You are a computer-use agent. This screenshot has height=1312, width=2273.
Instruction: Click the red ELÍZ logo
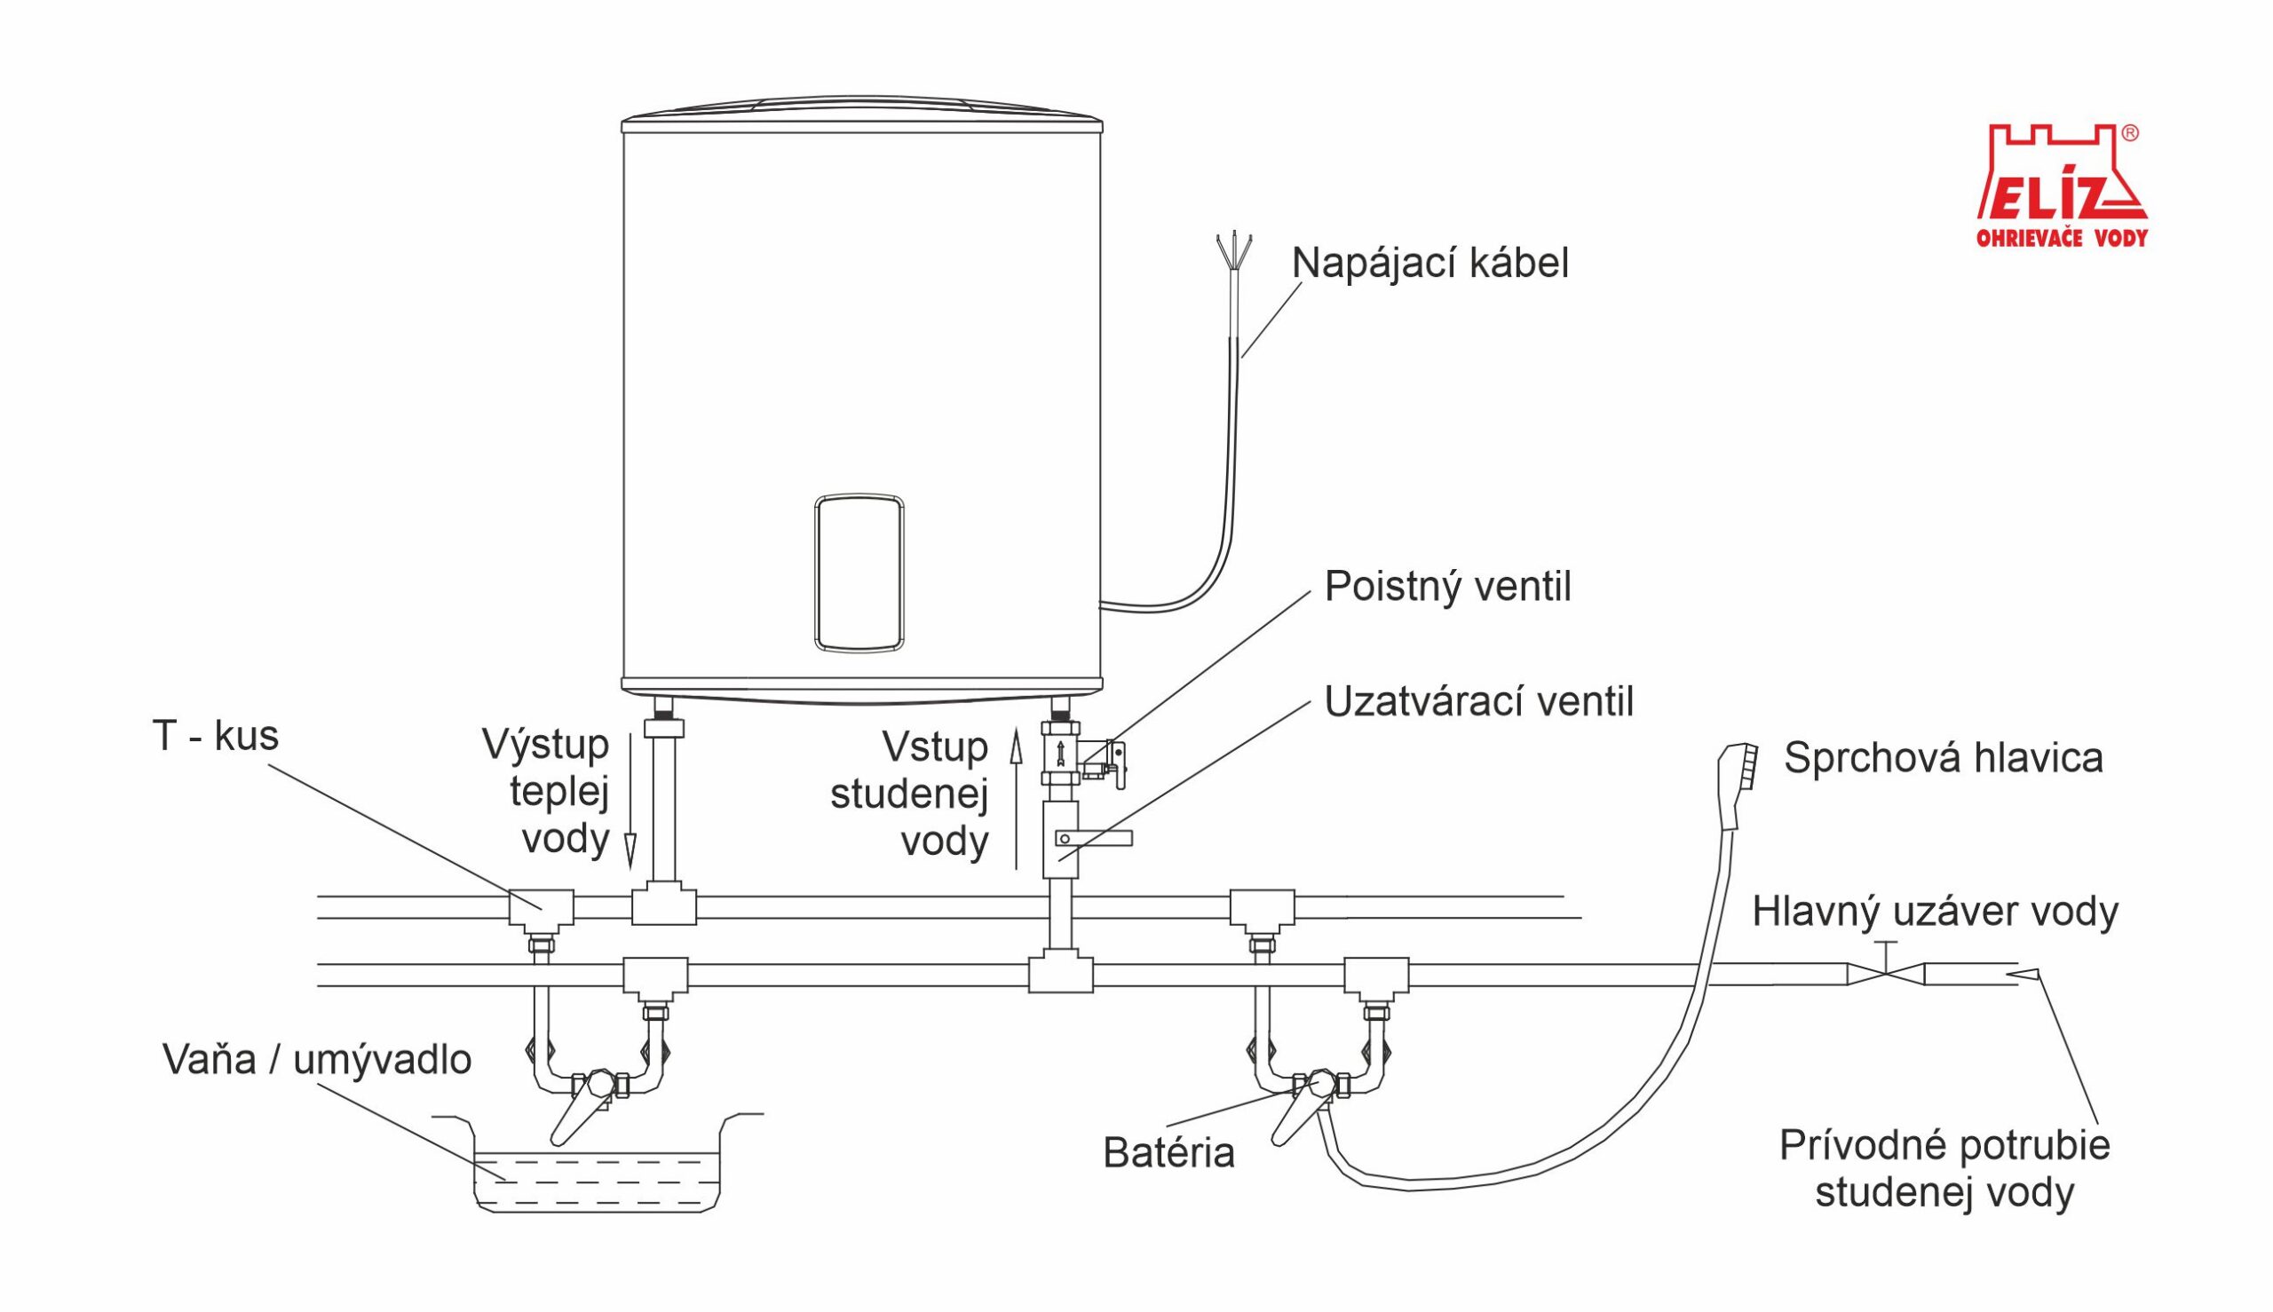tap(2061, 186)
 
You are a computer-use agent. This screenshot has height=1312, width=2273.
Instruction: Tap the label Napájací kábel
tap(1430, 264)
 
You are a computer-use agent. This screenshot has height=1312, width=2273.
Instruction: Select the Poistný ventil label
tap(1447, 588)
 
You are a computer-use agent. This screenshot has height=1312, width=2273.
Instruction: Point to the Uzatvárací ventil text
tap(1478, 702)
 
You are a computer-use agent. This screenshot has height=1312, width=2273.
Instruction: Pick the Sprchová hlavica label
tap(1943, 759)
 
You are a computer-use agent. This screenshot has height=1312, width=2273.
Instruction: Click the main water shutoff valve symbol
tap(1886, 973)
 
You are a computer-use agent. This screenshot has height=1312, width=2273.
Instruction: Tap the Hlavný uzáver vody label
tap(1935, 913)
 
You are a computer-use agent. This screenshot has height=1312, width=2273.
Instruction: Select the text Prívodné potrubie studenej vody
tap(1945, 1169)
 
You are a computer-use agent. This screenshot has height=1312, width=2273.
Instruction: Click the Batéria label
tap(1168, 1153)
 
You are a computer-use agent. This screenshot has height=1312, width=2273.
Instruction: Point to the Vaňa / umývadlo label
tap(317, 1061)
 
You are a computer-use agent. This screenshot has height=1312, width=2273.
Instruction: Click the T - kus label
tap(216, 736)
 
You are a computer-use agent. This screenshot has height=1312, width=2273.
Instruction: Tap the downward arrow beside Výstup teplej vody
tap(631, 802)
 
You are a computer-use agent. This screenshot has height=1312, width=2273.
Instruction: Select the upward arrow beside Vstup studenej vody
tap(1016, 799)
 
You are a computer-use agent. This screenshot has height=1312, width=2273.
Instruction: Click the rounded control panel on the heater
tap(859, 573)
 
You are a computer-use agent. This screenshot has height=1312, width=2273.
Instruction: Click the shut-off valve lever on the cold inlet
tap(1093, 839)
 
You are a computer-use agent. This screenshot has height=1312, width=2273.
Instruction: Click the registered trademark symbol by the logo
tap(2130, 132)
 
